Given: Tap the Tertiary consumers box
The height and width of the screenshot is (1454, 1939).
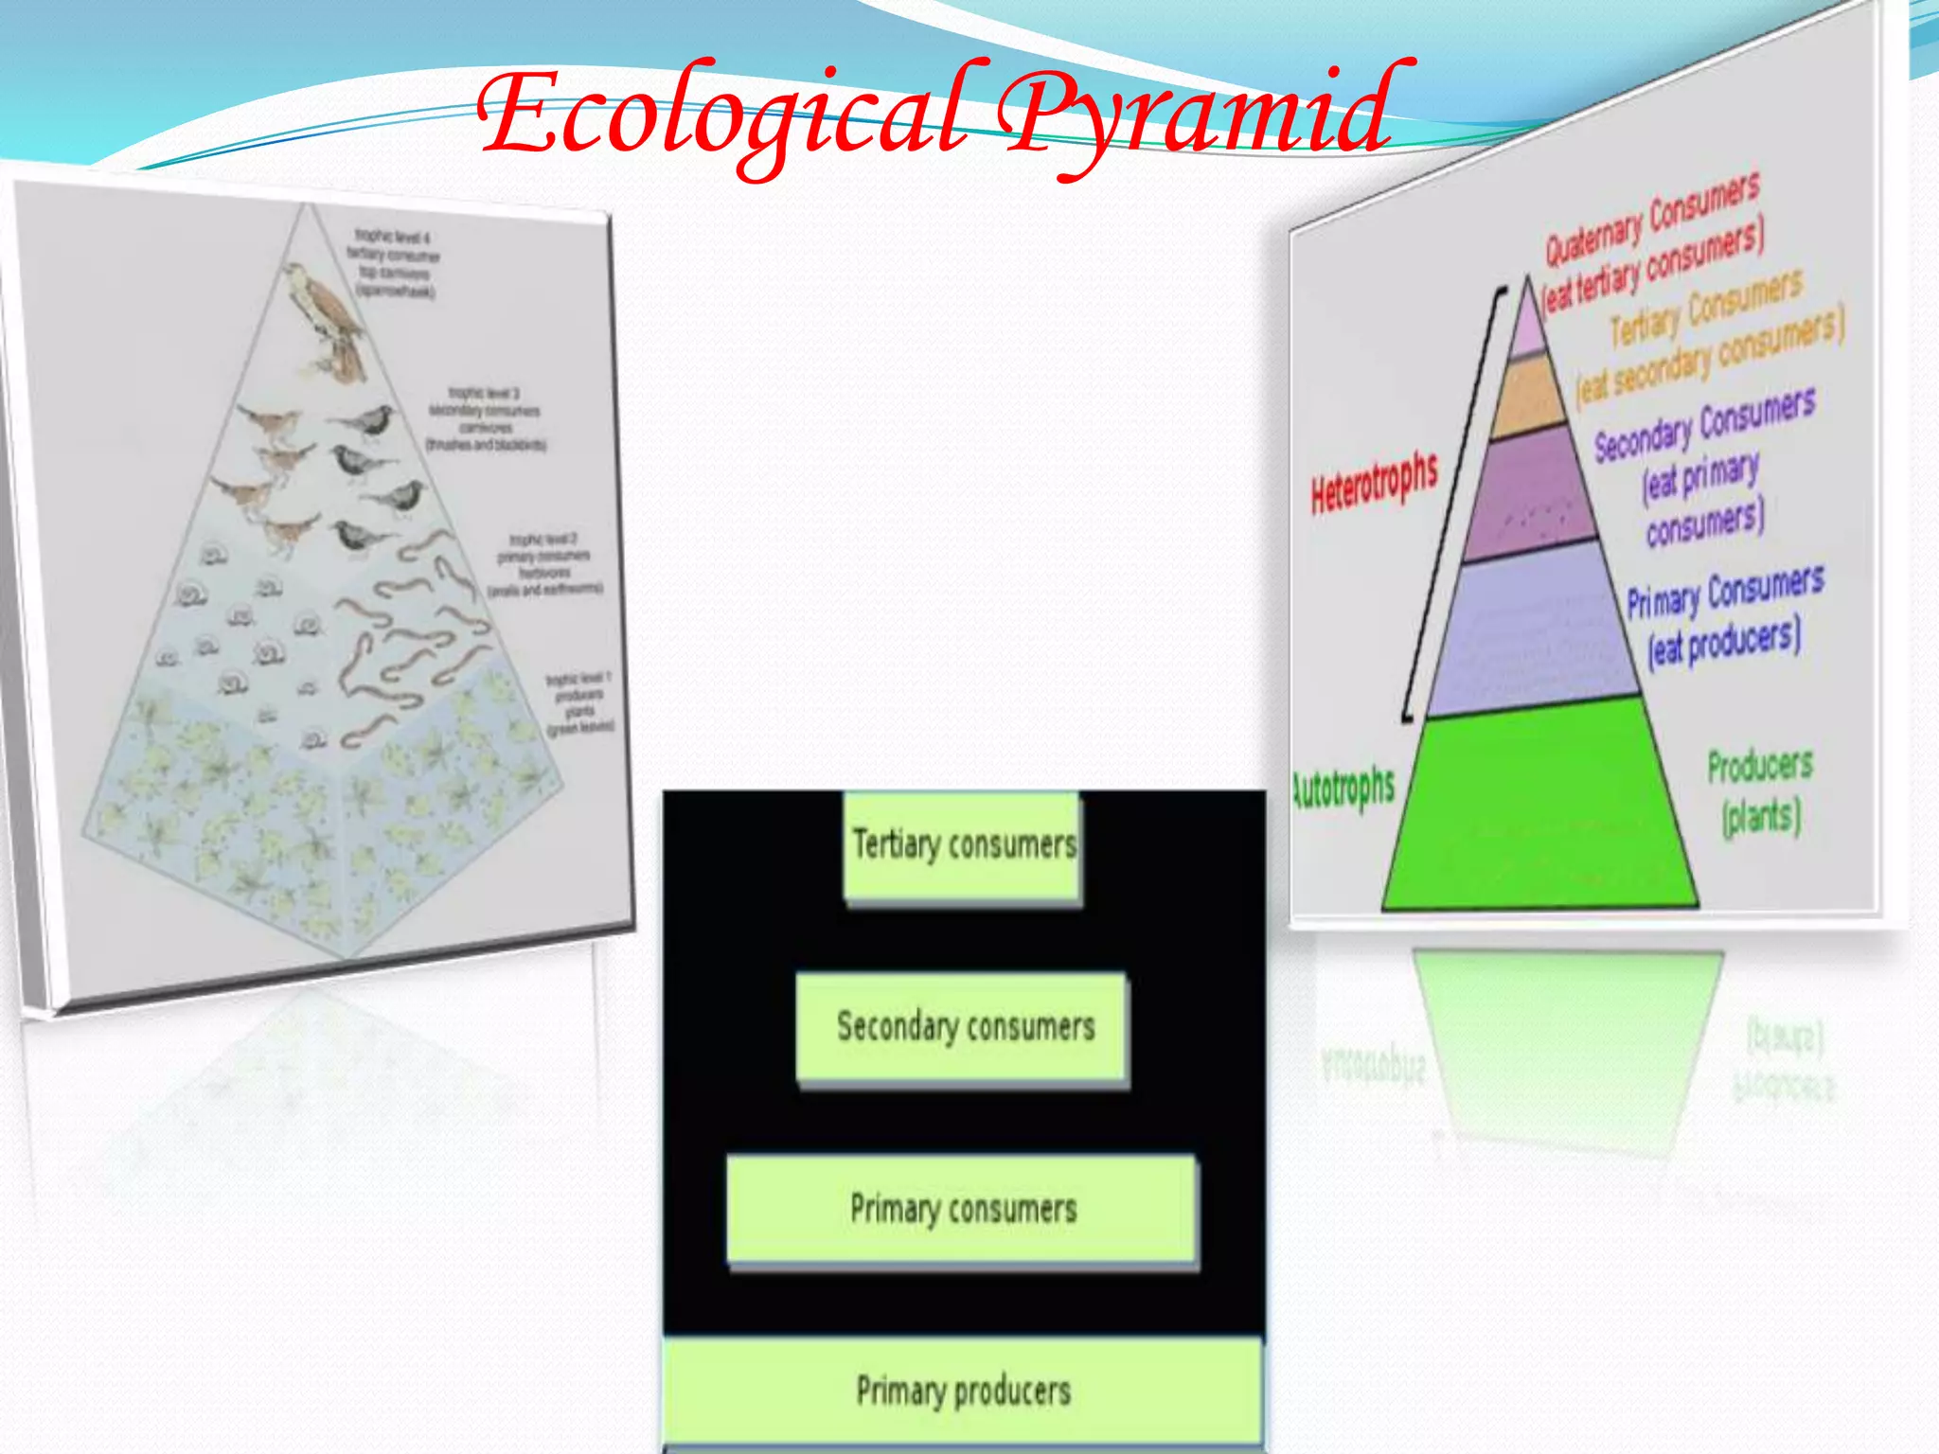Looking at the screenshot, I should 963,845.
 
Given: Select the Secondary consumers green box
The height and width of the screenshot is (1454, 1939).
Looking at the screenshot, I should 963,1027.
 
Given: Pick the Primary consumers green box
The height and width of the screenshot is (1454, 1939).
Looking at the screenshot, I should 963,1209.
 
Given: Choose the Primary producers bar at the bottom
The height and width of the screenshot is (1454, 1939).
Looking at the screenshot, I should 963,1390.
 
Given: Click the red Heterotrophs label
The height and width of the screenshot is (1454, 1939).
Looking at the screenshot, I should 1374,483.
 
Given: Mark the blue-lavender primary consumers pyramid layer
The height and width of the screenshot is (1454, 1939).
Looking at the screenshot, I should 1534,629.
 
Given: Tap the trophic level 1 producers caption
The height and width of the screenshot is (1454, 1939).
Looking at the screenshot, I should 579,704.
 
